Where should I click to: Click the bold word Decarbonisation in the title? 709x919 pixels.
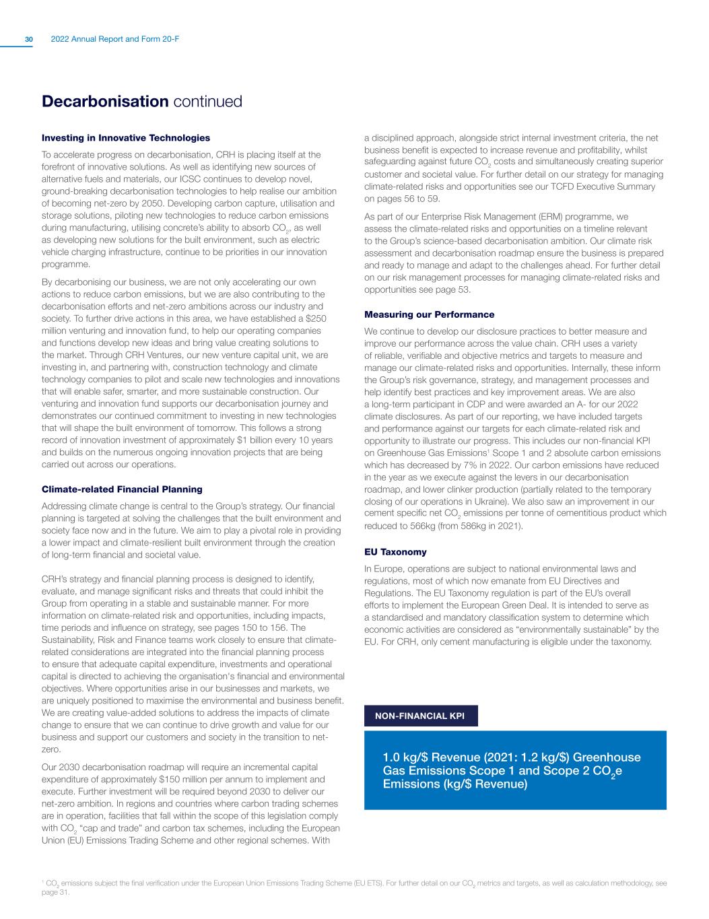click(104, 102)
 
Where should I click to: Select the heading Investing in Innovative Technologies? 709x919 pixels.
click(126, 138)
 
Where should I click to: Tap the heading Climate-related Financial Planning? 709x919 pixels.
click(122, 489)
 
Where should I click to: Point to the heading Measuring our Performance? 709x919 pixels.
click(429, 314)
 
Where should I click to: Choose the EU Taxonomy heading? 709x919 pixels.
click(395, 552)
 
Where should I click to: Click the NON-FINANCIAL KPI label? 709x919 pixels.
click(420, 716)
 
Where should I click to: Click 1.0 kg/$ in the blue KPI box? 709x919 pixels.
click(405, 757)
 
